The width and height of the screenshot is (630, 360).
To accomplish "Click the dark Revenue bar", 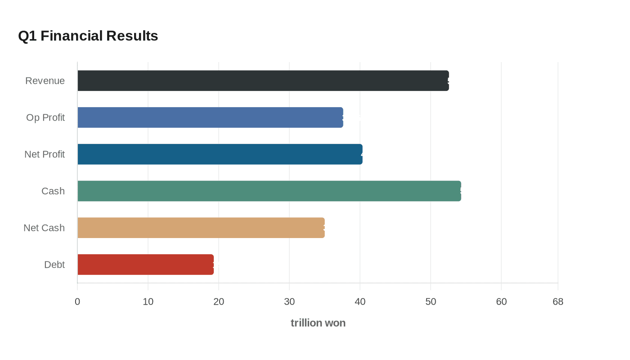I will click(263, 81).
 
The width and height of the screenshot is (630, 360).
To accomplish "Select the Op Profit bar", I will click(210, 117).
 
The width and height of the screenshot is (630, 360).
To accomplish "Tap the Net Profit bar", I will click(220, 154).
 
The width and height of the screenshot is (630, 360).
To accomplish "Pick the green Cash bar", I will click(269, 191).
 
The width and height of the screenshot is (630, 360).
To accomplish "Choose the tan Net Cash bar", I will click(201, 228).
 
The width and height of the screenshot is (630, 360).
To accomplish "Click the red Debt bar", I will click(145, 265).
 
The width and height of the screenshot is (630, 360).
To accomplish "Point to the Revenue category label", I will click(45, 81).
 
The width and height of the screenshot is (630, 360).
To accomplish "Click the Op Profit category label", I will click(45, 117).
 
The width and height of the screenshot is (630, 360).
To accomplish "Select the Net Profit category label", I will click(45, 154).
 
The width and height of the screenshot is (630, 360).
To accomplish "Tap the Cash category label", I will click(53, 191).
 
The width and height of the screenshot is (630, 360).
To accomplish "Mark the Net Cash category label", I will click(44, 228).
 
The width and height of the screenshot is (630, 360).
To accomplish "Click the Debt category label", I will click(54, 265).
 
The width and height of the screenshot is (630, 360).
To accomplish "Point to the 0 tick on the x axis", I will click(77, 301).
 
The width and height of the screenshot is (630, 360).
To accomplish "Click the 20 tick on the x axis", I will click(219, 301).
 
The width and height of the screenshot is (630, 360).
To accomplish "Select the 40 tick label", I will click(360, 301).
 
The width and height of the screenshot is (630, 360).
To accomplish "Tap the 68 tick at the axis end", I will click(558, 301).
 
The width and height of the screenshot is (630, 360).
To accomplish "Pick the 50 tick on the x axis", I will click(431, 301).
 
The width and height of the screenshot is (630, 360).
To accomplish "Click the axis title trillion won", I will click(318, 323).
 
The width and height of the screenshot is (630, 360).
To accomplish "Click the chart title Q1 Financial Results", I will click(88, 36).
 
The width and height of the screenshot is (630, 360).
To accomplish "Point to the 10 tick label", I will click(148, 301).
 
